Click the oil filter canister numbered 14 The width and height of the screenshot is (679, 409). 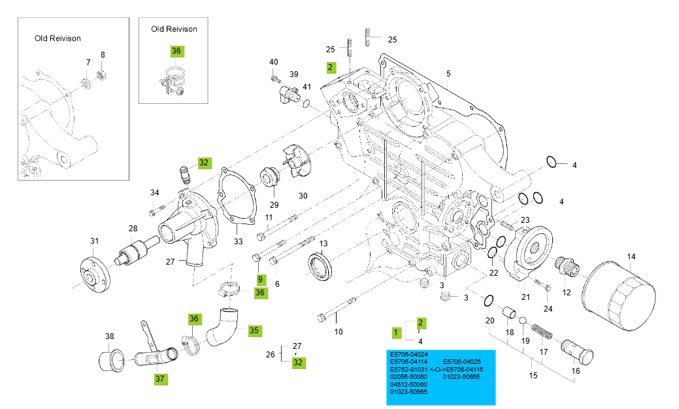click(x=618, y=294)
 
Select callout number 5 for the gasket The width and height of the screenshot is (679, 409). click(x=449, y=74)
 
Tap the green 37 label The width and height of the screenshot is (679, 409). click(x=161, y=378)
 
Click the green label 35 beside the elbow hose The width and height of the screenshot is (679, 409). click(x=254, y=331)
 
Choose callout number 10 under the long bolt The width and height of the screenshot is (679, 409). click(x=339, y=332)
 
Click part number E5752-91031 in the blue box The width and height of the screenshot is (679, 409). click(x=408, y=369)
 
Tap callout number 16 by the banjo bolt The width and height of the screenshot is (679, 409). click(x=575, y=370)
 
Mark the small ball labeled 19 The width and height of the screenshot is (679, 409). click(x=522, y=321)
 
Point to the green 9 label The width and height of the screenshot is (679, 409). click(x=259, y=279)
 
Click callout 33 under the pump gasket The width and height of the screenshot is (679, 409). click(x=238, y=242)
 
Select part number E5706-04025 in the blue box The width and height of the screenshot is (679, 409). click(x=462, y=361)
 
